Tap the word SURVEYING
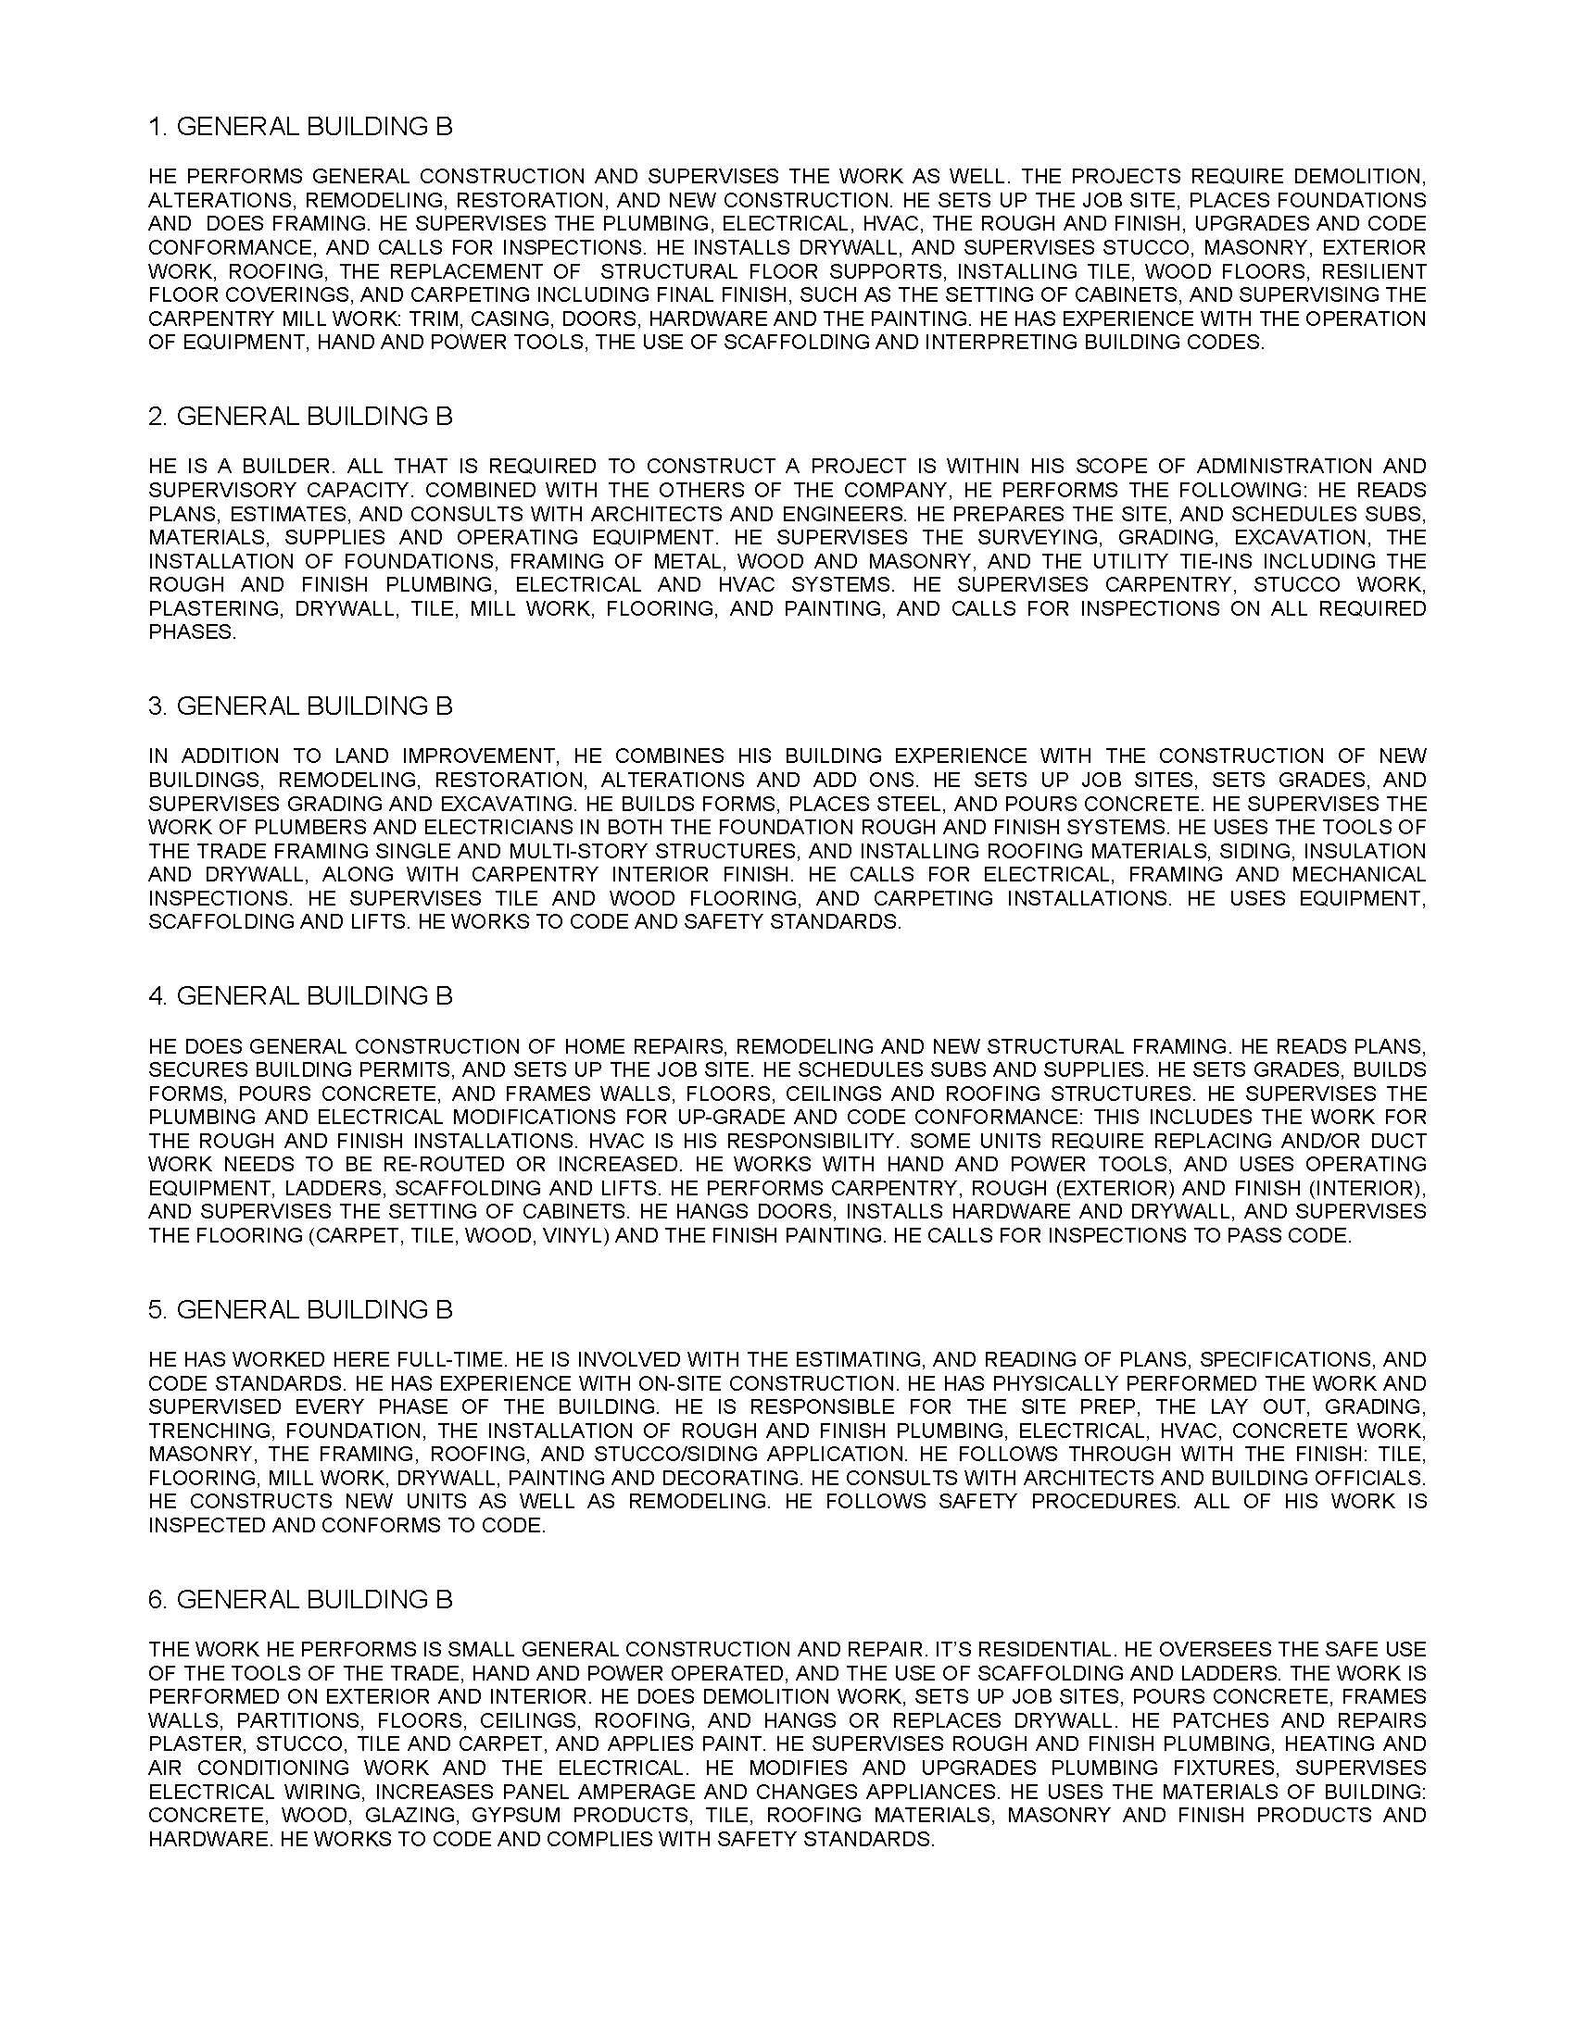pyautogui.click(x=1033, y=537)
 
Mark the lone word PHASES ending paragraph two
pyautogui.click(x=191, y=632)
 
